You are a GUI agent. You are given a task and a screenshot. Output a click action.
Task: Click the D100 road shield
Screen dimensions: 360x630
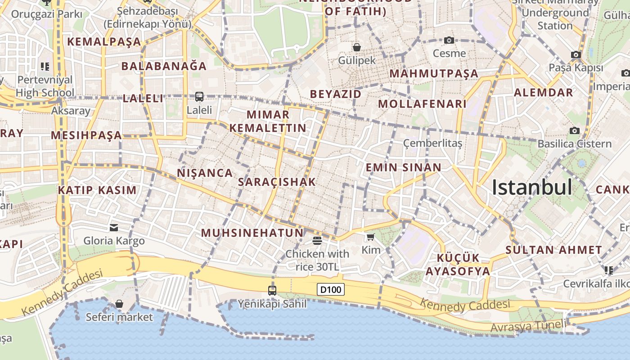(331, 289)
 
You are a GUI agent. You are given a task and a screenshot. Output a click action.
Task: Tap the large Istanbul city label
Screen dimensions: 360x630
(532, 187)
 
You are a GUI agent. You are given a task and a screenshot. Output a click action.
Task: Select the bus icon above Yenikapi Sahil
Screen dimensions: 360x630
(272, 290)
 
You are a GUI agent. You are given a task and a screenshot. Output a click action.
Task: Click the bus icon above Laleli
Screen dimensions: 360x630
(199, 96)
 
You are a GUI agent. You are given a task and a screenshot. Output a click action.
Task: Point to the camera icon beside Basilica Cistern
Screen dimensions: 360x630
(574, 130)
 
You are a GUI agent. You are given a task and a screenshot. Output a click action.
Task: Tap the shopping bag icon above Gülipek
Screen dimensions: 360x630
(357, 47)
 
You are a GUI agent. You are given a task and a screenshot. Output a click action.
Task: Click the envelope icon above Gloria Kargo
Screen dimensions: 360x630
(114, 228)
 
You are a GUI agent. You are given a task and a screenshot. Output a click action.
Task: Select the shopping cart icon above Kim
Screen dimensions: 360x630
(370, 237)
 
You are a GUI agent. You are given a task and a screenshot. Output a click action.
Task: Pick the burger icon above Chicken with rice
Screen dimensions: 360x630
(317, 241)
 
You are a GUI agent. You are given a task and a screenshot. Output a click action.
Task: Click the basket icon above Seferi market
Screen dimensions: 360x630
(119, 304)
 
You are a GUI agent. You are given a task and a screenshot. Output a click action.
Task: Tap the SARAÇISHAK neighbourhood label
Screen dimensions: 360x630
(277, 182)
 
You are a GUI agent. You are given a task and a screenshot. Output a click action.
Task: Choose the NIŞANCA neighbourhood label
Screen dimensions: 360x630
(205, 173)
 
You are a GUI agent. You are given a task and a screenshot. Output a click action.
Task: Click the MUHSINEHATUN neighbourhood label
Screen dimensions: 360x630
(252, 233)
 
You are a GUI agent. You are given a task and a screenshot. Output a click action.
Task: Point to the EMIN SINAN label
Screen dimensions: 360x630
(403, 167)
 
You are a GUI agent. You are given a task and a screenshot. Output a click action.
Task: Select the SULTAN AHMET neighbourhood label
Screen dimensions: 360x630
(553, 250)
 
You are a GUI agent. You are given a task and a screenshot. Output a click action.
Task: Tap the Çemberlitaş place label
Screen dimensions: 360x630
(432, 143)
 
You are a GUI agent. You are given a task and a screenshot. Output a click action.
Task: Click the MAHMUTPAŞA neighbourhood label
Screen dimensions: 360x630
(434, 73)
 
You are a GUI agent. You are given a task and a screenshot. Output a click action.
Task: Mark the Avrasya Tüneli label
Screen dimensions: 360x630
(528, 326)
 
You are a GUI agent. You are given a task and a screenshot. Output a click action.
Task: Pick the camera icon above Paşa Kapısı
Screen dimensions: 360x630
(576, 55)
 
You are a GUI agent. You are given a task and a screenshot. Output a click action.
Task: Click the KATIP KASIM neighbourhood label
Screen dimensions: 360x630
(97, 190)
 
